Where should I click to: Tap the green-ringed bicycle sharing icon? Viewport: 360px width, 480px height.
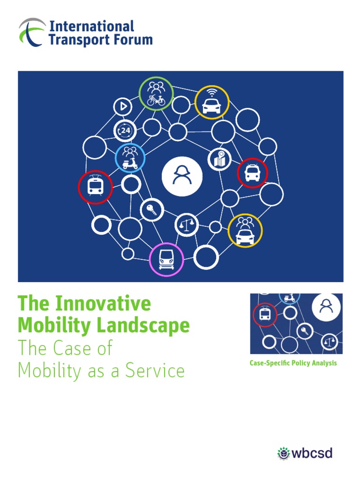(x=157, y=94)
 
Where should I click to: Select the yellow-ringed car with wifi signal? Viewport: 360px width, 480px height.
(x=212, y=102)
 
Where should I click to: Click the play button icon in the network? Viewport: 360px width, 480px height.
(x=123, y=107)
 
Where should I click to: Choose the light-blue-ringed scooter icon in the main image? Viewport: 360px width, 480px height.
(x=130, y=157)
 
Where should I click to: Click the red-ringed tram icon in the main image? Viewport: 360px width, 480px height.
(x=95, y=187)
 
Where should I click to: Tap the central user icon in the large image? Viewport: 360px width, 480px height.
(x=182, y=176)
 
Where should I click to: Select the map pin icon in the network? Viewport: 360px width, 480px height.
(x=218, y=159)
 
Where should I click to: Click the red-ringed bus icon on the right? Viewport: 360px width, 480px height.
(x=252, y=173)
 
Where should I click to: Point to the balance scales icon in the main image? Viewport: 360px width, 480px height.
(x=187, y=225)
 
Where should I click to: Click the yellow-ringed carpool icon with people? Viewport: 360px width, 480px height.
(x=245, y=230)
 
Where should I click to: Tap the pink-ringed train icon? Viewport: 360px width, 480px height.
(x=166, y=259)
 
